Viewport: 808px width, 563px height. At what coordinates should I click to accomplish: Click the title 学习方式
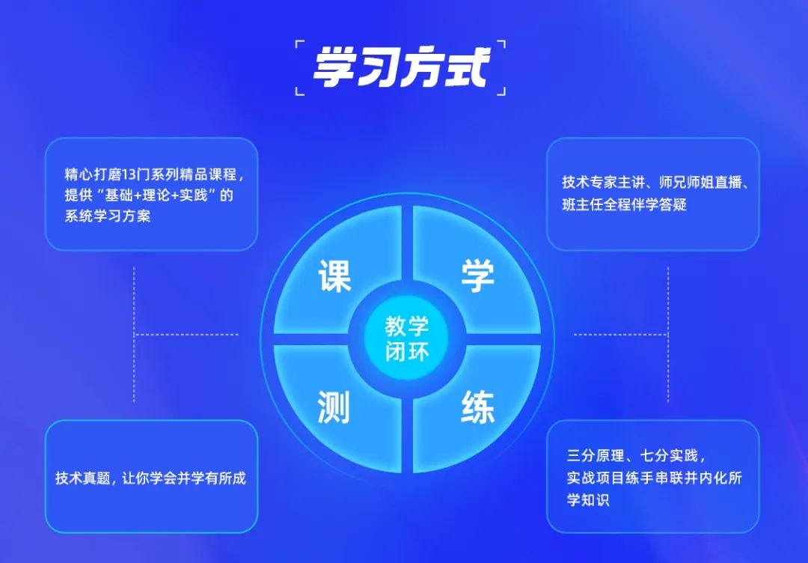pyautogui.click(x=401, y=67)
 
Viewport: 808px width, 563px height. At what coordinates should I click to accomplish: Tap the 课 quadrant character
pyautogui.click(x=335, y=276)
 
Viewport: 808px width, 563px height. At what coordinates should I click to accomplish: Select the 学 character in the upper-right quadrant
pyautogui.click(x=477, y=276)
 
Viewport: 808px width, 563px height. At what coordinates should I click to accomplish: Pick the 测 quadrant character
pyautogui.click(x=334, y=407)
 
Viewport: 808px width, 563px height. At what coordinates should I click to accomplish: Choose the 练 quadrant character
pyautogui.click(x=477, y=407)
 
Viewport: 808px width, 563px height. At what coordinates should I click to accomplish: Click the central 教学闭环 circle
pyautogui.click(x=406, y=339)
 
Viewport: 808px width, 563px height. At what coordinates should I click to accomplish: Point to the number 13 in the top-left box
pyautogui.click(x=130, y=174)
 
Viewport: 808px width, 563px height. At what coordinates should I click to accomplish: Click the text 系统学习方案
pyautogui.click(x=108, y=216)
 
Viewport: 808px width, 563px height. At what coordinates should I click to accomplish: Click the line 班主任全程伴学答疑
pyautogui.click(x=624, y=204)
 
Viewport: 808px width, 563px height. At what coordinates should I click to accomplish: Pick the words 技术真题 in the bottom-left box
pyautogui.click(x=83, y=478)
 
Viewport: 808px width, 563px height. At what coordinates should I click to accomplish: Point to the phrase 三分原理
pyautogui.click(x=595, y=455)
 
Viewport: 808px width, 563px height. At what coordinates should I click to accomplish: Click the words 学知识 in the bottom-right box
pyautogui.click(x=588, y=499)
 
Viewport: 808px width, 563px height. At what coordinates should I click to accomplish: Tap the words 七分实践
pyautogui.click(x=668, y=455)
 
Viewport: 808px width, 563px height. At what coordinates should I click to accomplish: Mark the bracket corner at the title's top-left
pyautogui.click(x=296, y=42)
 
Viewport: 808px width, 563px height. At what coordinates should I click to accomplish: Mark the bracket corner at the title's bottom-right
pyautogui.click(x=504, y=94)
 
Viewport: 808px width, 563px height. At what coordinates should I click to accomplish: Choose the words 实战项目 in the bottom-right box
pyautogui.click(x=596, y=478)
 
